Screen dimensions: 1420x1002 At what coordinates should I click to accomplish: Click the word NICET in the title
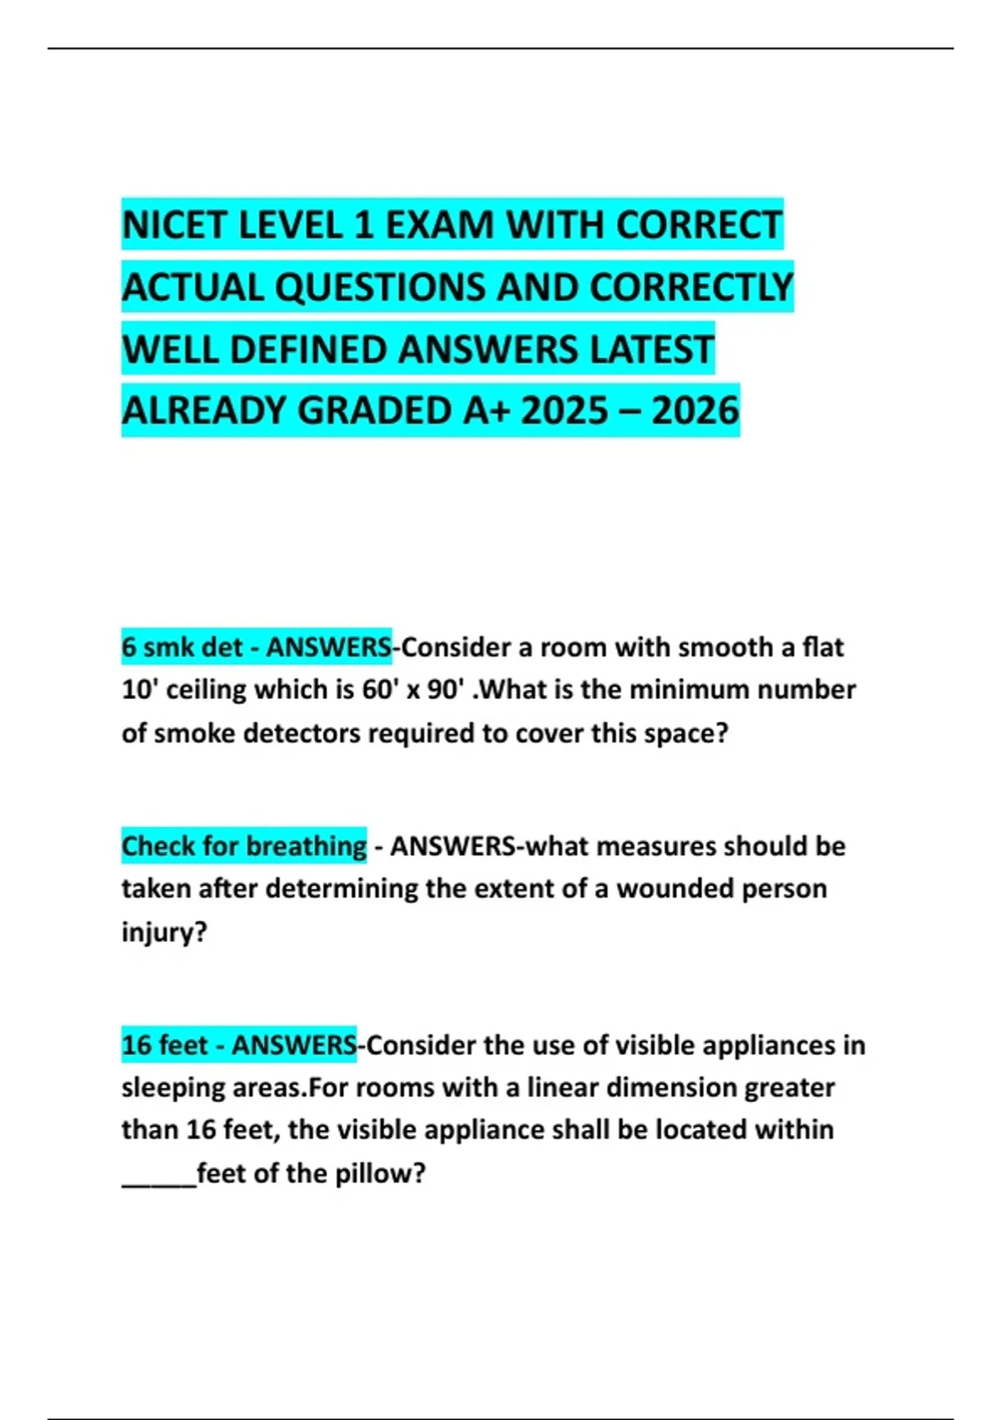pos(173,226)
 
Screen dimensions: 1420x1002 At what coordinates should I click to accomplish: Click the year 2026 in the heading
pos(695,411)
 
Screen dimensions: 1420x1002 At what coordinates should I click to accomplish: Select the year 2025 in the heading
pos(564,411)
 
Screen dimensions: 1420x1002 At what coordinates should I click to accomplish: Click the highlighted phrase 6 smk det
pos(181,647)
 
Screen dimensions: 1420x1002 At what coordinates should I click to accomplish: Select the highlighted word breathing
pos(306,846)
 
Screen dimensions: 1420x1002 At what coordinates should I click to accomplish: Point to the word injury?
pos(164,931)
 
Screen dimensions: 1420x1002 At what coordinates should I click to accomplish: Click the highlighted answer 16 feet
pos(164,1045)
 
